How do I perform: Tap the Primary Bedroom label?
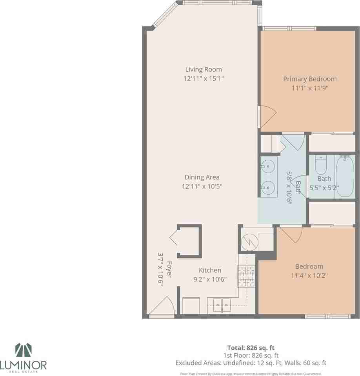click(310, 79)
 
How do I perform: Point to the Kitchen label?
click(210, 270)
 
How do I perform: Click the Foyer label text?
click(169, 269)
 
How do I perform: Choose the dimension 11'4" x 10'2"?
click(309, 275)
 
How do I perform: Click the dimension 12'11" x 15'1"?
click(204, 79)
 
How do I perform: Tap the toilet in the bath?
click(321, 165)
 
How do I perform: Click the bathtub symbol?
click(345, 176)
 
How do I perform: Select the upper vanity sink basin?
click(268, 166)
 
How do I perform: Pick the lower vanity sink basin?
click(268, 188)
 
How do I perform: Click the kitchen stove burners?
click(246, 277)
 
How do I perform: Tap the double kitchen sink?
click(222, 304)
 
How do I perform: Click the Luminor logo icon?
click(23, 351)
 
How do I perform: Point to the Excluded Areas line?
click(251, 363)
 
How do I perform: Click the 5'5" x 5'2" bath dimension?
click(324, 187)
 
